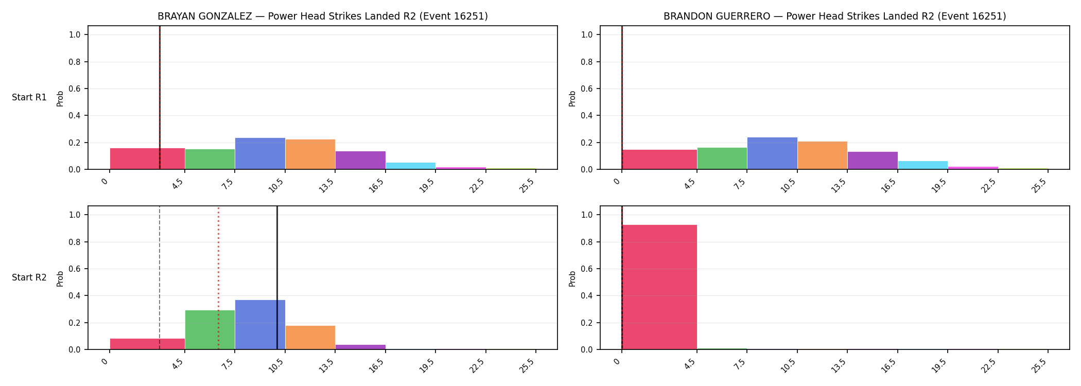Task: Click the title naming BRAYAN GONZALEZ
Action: [x=323, y=16]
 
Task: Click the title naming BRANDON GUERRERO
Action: [x=834, y=16]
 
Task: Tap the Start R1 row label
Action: [x=29, y=97]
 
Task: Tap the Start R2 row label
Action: [x=29, y=277]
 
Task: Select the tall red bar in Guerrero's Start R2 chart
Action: [x=659, y=287]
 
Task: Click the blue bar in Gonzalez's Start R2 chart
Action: [x=260, y=325]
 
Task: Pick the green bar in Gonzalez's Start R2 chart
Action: [x=210, y=330]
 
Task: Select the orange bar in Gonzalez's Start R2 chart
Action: [x=310, y=338]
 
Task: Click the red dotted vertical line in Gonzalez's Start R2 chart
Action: [x=218, y=278]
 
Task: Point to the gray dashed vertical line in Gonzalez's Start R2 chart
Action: [x=160, y=278]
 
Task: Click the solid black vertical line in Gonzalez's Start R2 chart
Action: [x=277, y=278]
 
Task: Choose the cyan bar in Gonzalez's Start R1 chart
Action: [x=411, y=166]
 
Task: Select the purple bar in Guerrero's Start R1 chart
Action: [x=873, y=161]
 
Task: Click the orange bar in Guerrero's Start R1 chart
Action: [x=823, y=155]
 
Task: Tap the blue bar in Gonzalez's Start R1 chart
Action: [x=260, y=153]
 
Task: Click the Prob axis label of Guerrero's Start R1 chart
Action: [x=572, y=98]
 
